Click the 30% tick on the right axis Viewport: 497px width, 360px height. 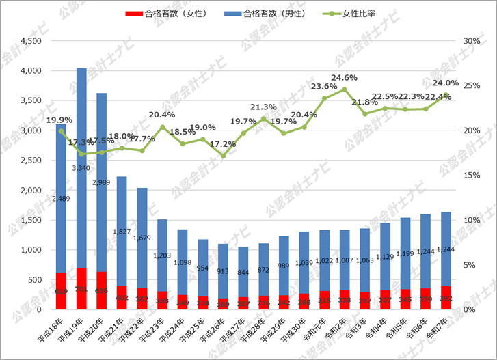(x=472, y=41)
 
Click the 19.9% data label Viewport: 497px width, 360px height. (x=59, y=121)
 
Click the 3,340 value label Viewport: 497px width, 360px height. (x=81, y=167)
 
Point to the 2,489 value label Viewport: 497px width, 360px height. (x=61, y=198)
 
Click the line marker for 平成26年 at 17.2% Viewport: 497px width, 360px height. (x=223, y=156)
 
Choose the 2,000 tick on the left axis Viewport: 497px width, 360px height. (x=29, y=190)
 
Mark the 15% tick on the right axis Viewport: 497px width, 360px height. (x=472, y=176)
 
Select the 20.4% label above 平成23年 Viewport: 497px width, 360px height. (x=161, y=115)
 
